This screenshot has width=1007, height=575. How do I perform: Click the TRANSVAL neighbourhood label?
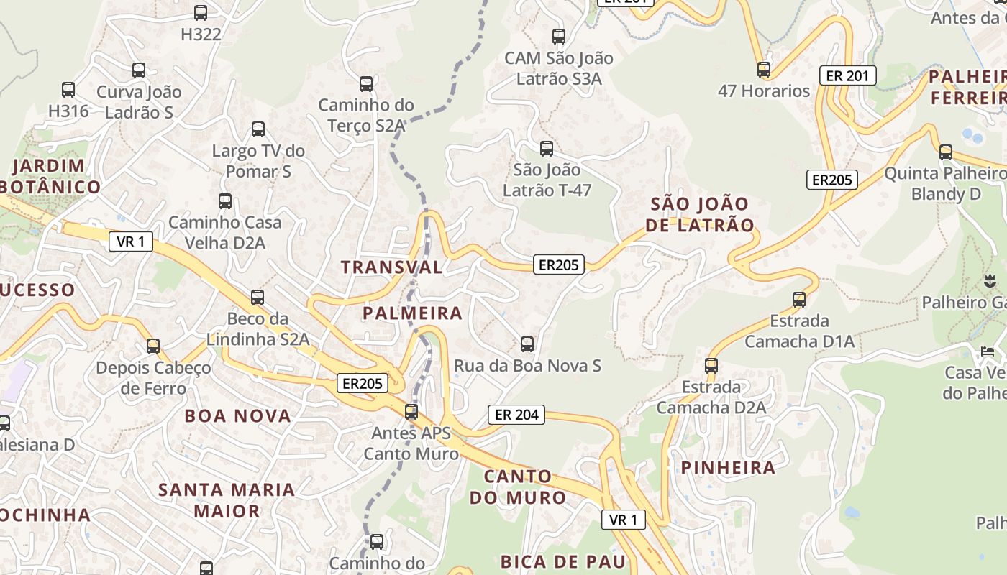391,267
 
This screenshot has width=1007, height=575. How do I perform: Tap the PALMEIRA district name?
412,313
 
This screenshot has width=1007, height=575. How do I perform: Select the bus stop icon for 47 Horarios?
764,70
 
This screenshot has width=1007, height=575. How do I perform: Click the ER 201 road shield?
848,75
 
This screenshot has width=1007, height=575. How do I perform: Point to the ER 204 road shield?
516,415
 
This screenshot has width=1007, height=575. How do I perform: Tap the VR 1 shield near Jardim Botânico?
131,241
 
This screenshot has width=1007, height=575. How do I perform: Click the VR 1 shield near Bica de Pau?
623,520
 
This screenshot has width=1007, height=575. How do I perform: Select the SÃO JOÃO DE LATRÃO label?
701,214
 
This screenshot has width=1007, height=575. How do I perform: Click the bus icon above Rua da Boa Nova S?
527,344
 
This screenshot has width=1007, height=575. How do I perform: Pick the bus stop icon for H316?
68,90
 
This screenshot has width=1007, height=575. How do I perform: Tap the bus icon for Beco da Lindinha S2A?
257,297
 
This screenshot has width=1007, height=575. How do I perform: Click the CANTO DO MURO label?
518,487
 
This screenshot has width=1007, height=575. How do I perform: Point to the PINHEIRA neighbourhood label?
728,468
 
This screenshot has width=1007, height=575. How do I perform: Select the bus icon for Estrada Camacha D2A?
711,365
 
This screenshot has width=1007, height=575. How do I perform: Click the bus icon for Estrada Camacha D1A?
798,299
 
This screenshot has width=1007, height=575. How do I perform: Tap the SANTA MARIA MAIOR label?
227,500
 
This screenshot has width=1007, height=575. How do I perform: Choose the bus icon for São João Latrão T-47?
547,149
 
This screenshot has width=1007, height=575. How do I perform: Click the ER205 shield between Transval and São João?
559,264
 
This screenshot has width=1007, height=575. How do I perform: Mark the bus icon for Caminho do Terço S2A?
366,84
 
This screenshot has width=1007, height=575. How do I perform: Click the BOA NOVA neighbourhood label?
237,416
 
